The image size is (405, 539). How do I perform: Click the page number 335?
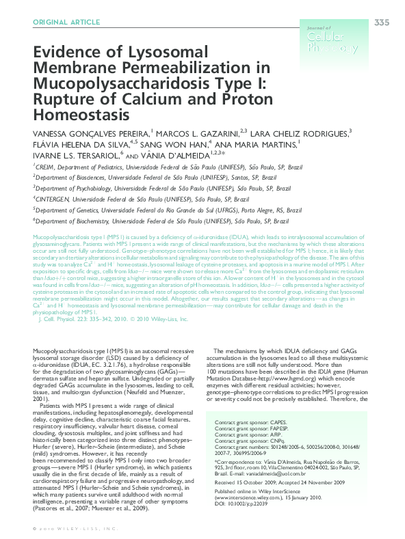click(x=381, y=23)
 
